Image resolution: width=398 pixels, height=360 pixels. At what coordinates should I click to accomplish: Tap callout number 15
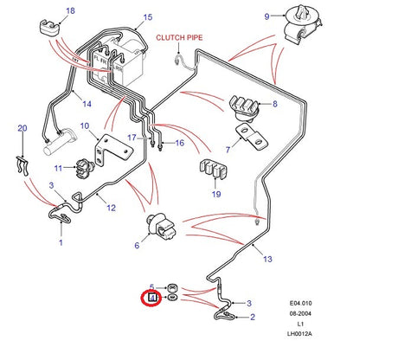(147, 17)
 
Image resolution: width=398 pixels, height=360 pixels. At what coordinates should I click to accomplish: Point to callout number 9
(267, 16)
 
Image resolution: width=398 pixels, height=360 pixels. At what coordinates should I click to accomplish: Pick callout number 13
(267, 259)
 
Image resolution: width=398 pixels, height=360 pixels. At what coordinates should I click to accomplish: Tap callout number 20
(22, 129)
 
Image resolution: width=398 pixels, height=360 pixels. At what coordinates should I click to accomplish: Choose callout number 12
(111, 208)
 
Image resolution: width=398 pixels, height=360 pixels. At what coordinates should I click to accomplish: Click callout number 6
(136, 246)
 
